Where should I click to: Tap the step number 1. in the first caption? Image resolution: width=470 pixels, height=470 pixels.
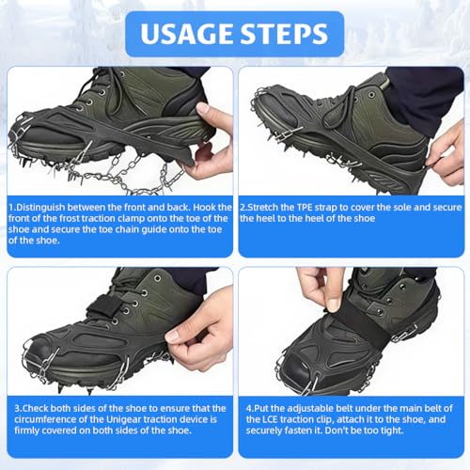click(12, 206)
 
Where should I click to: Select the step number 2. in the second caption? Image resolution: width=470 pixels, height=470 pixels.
click(244, 206)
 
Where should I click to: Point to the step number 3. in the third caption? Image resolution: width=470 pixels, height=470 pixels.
click(12, 407)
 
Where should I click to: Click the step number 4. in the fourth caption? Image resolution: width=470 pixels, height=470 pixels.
click(244, 407)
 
